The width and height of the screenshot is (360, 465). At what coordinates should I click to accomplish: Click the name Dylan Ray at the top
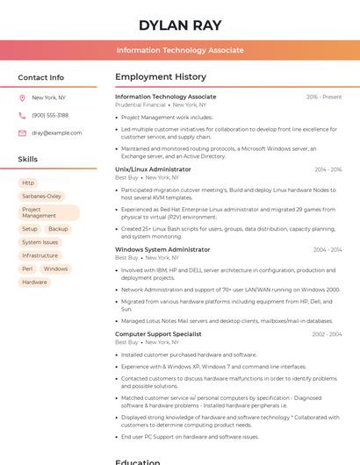[180, 25]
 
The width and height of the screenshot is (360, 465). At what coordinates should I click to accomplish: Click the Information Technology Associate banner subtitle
[180, 50]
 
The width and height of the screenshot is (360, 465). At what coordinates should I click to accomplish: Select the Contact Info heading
[41, 77]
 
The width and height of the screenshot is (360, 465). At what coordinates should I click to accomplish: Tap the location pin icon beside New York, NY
[22, 98]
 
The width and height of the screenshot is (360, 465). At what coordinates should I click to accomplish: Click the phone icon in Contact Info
[22, 116]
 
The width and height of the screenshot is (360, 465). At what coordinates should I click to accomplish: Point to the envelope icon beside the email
[22, 133]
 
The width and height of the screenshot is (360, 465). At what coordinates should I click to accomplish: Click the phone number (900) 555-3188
[50, 116]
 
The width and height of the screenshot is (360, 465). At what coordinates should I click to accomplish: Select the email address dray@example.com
[57, 133]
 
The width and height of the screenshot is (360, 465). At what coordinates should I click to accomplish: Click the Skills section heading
[28, 160]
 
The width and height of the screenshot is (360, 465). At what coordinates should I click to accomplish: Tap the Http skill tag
[29, 183]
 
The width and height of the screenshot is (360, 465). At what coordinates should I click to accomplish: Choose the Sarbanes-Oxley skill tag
[42, 197]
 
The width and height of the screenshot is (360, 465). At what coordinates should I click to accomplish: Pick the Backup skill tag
[58, 229]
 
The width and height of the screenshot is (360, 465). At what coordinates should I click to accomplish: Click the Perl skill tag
[27, 269]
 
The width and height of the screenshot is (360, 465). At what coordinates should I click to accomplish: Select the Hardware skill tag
[35, 283]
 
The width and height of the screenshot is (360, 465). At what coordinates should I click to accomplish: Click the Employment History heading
[161, 77]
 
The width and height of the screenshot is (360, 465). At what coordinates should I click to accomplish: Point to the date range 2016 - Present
[324, 97]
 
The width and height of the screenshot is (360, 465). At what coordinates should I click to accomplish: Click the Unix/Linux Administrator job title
[153, 169]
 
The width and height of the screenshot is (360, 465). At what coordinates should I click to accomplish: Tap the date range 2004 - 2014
[328, 250]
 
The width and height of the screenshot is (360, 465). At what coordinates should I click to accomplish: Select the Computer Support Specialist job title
[158, 334]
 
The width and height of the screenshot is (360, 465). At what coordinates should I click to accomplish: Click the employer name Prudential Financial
[140, 105]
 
